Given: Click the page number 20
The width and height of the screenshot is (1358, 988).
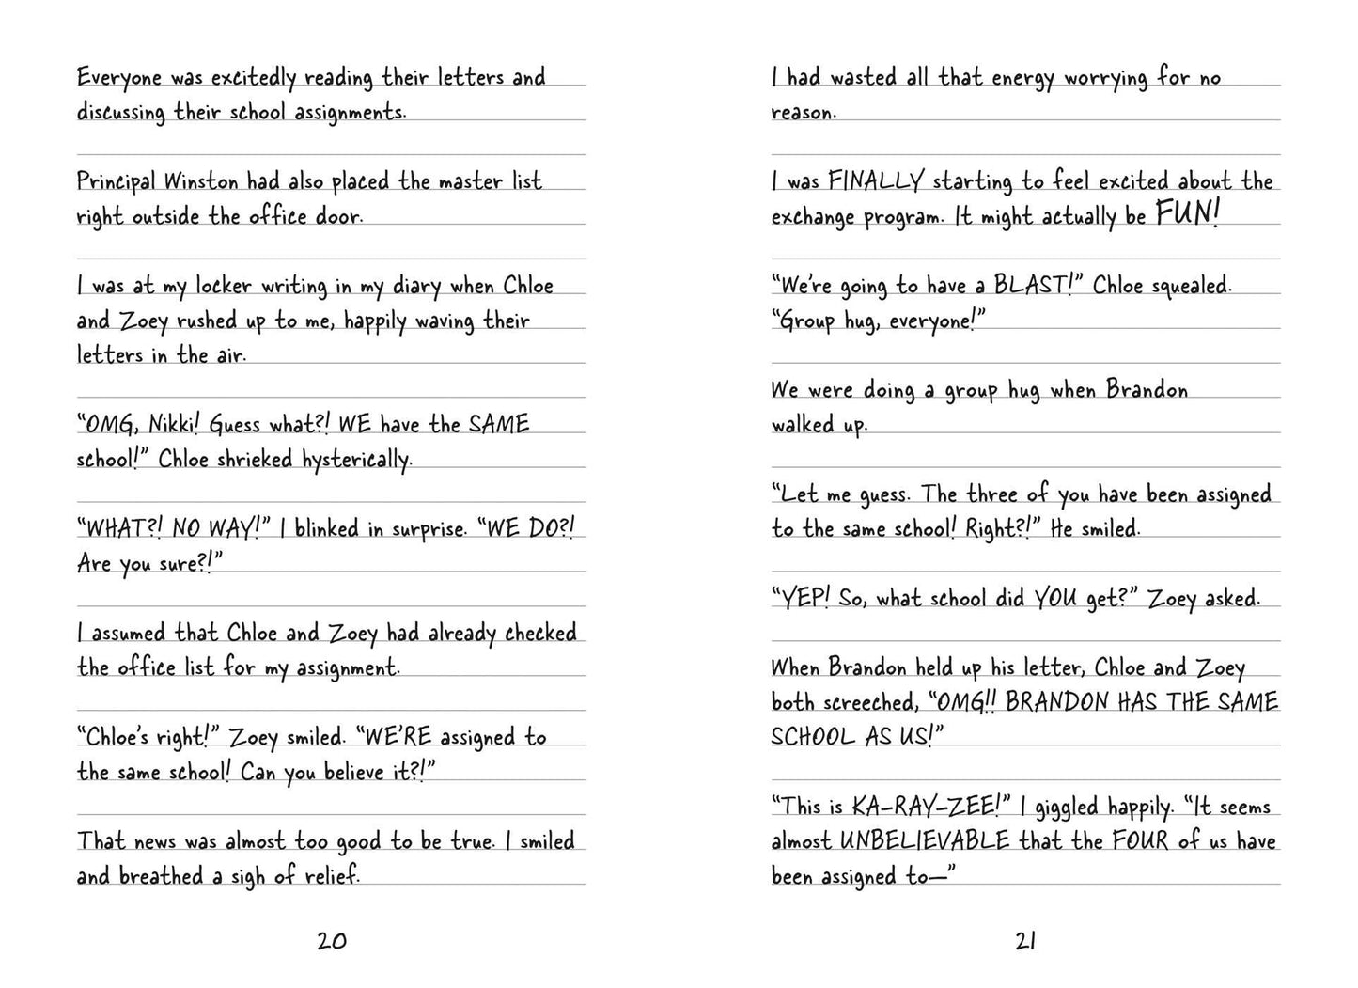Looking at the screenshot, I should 332,940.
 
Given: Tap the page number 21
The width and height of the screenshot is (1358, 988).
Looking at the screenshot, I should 1025,940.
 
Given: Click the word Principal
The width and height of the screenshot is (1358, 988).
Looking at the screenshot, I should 117,181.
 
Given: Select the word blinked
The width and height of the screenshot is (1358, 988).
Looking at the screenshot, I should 326,529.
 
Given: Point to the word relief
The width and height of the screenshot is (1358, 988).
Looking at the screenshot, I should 333,876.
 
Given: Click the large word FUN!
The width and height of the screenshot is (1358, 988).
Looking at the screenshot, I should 1187,214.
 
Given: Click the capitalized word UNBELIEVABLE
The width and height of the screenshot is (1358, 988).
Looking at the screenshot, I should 925,841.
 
